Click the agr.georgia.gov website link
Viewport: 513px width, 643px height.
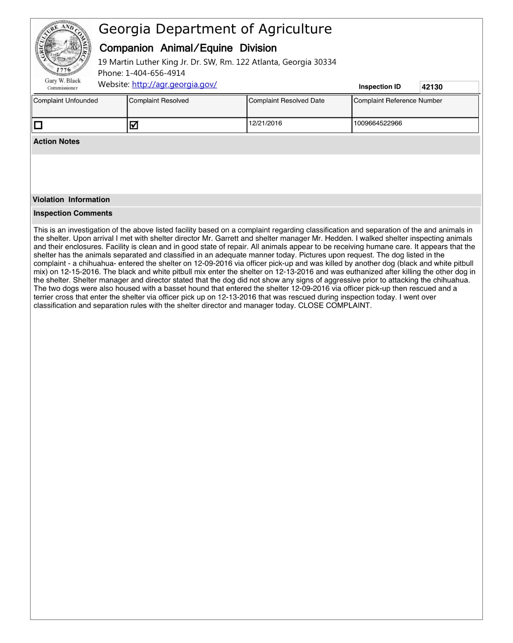point(174,85)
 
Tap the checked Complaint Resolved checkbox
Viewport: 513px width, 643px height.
point(134,125)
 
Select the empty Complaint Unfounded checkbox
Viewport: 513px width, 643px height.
point(38,125)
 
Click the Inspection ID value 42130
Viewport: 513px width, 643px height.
point(432,87)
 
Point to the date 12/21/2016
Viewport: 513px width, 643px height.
point(265,123)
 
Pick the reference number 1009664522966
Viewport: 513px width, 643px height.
point(378,123)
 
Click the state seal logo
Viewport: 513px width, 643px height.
point(63,48)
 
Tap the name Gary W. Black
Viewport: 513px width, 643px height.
point(63,81)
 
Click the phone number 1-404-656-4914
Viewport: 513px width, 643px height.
point(155,73)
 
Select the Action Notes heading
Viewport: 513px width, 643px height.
point(57,141)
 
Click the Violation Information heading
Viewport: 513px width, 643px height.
point(71,200)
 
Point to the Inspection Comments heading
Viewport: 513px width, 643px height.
point(73,213)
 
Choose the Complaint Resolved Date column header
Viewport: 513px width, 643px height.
point(286,101)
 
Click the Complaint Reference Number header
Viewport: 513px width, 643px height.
point(398,101)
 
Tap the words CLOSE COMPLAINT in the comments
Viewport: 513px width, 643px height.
point(335,306)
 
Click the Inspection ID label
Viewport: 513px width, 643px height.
point(380,87)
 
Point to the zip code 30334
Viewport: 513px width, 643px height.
point(325,62)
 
